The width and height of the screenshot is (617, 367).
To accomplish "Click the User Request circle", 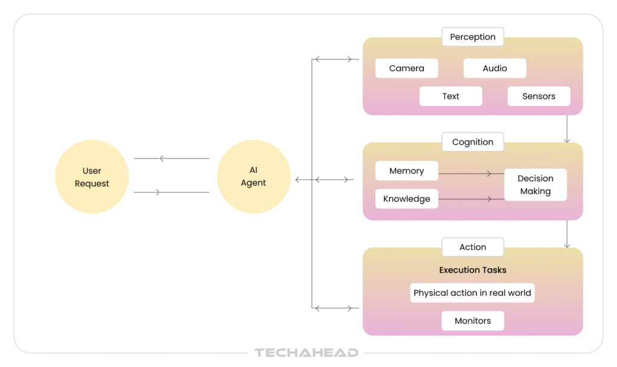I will click(92, 177).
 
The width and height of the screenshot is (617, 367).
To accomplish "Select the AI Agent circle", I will click(253, 177).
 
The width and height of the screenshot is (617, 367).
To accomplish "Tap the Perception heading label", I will click(472, 37).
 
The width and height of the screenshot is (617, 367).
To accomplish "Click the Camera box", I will click(407, 68).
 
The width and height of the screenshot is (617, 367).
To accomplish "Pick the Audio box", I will click(495, 68).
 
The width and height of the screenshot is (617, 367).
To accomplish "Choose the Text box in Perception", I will click(451, 96).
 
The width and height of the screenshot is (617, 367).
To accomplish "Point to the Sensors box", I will click(539, 96).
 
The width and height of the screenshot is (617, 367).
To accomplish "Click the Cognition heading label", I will click(472, 142).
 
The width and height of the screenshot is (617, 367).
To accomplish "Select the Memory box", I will click(407, 171).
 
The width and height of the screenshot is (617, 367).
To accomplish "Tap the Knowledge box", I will click(407, 199).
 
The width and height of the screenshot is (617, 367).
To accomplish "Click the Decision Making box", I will click(535, 184).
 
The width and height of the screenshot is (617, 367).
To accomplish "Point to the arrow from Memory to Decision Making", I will click(471, 174).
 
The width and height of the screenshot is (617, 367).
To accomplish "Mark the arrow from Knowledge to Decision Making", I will click(471, 198).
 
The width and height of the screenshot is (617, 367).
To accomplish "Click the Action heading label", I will click(472, 247).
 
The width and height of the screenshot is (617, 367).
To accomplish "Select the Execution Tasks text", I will click(472, 270).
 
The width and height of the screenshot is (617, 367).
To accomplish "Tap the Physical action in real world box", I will click(472, 293).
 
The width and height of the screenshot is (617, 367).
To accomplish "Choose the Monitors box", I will click(472, 321).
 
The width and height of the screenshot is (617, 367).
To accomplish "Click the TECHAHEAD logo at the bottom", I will click(307, 353).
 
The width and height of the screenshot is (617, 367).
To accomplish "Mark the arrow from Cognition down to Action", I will click(567, 234).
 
